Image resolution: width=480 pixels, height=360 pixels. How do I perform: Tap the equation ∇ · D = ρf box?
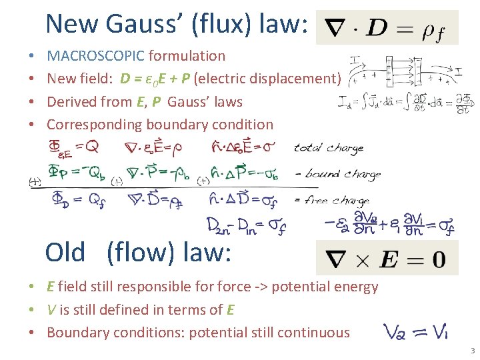387,27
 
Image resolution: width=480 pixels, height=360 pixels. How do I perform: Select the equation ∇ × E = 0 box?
387,258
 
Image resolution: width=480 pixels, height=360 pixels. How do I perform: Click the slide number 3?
472,351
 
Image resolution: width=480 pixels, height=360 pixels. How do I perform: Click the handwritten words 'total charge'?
329,148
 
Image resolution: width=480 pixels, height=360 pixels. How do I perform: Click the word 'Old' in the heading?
65,253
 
